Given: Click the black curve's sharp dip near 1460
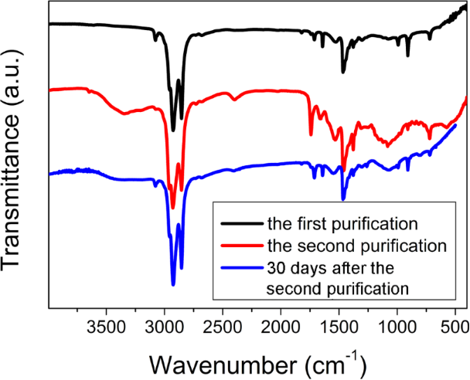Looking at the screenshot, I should click(x=343, y=73).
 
